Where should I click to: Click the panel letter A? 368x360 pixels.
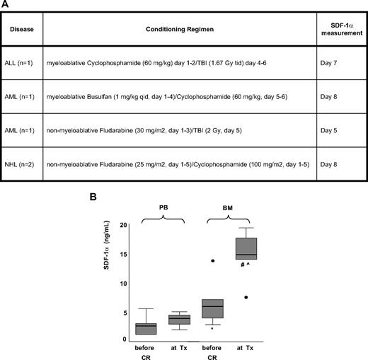click(x=5, y=5)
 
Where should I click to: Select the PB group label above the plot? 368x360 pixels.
click(x=163, y=210)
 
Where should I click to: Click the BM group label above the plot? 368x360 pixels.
click(x=229, y=210)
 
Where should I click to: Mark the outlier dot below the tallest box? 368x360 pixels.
click(x=246, y=297)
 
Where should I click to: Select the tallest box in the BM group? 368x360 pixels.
click(x=246, y=249)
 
